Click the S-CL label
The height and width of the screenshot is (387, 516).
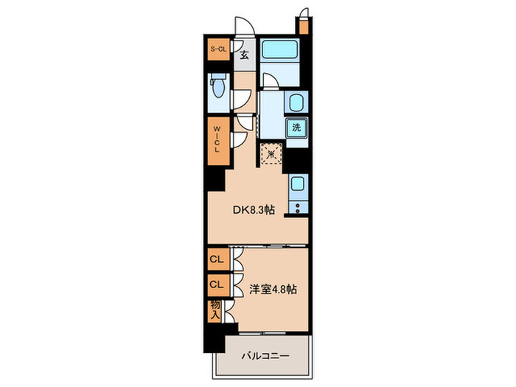[x=218, y=49]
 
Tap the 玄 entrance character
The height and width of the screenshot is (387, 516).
[x=244, y=54]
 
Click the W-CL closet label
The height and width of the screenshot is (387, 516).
[x=217, y=139]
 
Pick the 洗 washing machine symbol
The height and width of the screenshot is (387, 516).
[x=296, y=127]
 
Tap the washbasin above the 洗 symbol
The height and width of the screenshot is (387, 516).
[x=296, y=102]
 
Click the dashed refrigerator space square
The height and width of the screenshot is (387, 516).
[x=271, y=154]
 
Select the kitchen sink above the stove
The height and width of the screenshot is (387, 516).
[x=298, y=185]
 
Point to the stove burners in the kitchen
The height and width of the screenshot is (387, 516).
[x=298, y=206]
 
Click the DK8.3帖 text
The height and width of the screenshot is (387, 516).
[x=254, y=210]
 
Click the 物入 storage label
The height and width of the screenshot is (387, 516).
[x=216, y=310]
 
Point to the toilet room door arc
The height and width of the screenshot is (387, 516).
[x=243, y=98]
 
